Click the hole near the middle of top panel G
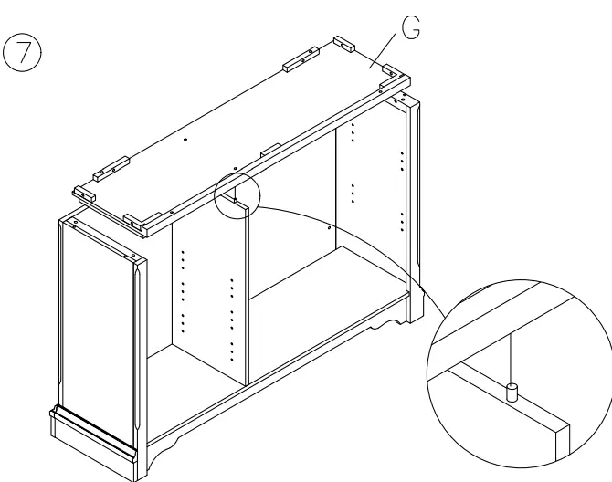click(x=185, y=139)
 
